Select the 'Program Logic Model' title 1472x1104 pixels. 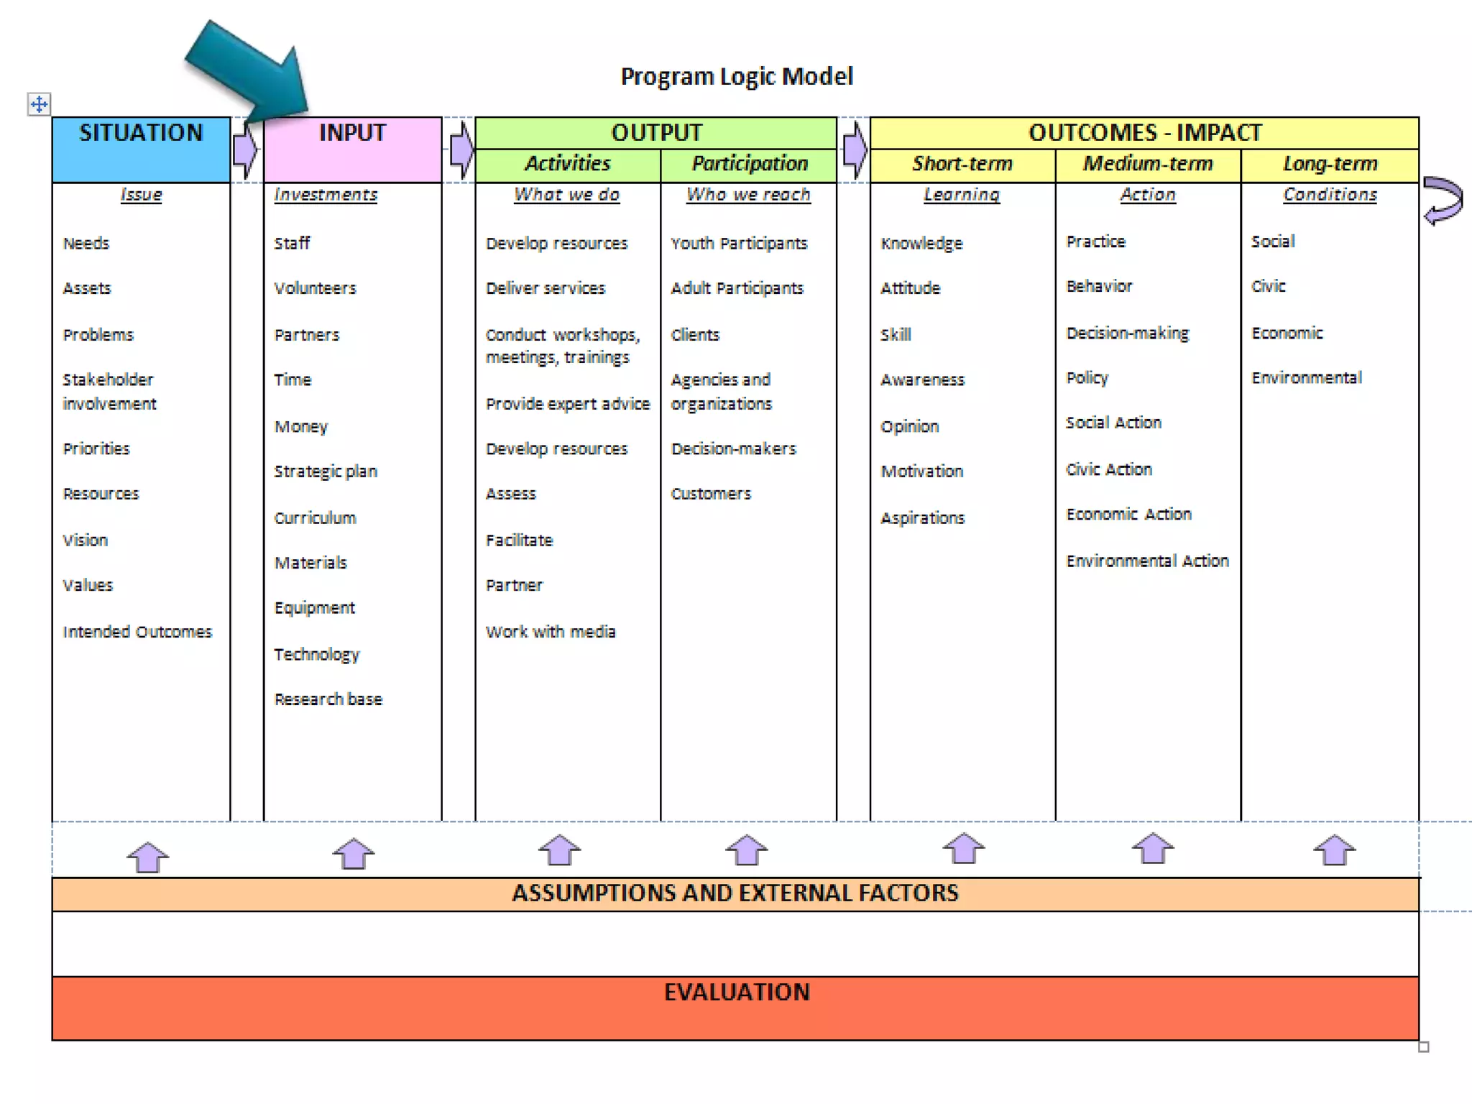737,76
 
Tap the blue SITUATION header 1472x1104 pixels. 141,134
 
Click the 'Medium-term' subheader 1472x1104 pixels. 1148,164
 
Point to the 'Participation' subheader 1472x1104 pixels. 749,164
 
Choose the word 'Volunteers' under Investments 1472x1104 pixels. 315,288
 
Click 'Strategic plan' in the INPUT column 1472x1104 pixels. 326,471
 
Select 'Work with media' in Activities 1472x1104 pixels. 551,632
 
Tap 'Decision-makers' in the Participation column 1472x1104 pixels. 733,449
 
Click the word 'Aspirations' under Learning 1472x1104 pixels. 922,518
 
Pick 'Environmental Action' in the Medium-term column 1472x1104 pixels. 1147,561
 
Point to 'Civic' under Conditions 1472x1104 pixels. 1268,286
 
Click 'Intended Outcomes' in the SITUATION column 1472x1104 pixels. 137,632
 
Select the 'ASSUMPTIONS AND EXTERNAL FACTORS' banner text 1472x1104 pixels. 735,893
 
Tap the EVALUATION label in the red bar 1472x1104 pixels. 737,993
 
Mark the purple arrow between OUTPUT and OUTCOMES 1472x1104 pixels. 854,149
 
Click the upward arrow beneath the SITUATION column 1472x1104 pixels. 148,857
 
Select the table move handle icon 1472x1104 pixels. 39,104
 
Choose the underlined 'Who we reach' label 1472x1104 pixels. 748,195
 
